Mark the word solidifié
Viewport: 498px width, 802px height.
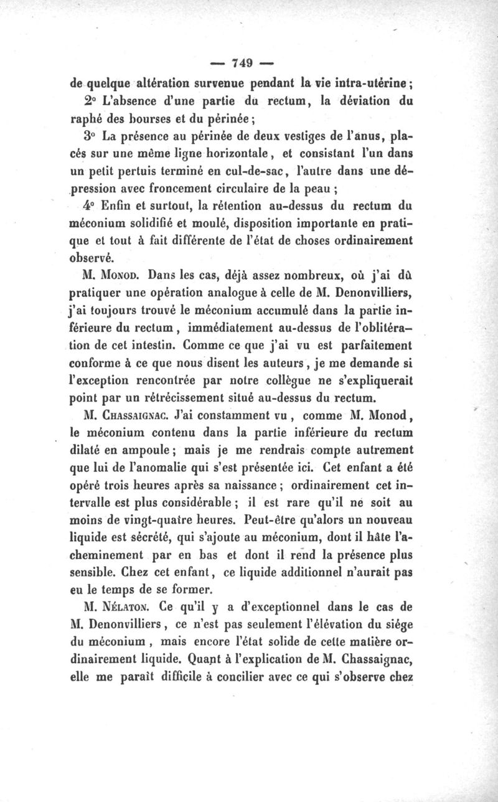click(x=166, y=223)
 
